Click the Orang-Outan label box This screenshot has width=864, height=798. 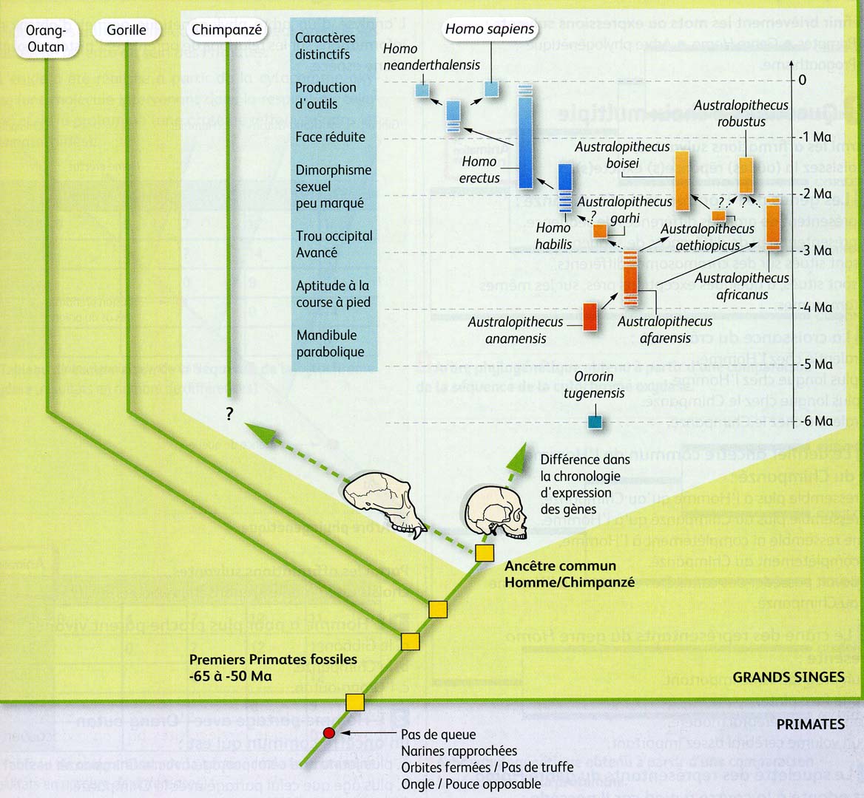point(45,38)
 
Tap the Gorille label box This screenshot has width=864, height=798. point(126,30)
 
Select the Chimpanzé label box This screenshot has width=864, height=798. point(226,30)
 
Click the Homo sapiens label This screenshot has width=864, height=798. point(490,30)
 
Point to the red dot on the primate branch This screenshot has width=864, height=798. point(329,733)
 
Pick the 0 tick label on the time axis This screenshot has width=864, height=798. point(803,80)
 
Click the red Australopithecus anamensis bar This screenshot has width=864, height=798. point(590,316)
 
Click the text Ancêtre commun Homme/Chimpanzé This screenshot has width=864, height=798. point(569,574)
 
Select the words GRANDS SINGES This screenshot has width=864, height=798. point(788,677)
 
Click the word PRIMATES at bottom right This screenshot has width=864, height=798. point(810,724)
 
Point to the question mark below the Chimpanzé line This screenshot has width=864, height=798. point(229,415)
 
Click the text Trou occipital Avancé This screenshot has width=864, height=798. point(334,245)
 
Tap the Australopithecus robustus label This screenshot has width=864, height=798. point(740,114)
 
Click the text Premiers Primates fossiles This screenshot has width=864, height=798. point(273,660)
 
